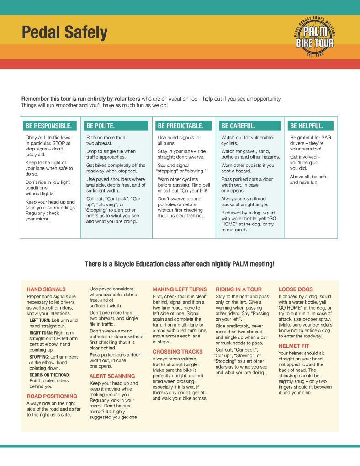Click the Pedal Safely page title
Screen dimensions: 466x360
[64, 33]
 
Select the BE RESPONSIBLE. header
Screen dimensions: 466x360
[49, 126]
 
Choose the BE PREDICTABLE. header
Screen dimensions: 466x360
[180, 126]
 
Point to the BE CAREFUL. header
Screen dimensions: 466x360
[238, 126]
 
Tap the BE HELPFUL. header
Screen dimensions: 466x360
[307, 126]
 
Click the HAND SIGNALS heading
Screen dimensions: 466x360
[46, 289]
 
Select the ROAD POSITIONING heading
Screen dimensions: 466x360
[52, 396]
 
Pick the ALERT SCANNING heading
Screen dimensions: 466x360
[112, 376]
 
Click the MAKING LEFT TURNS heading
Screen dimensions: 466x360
[180, 289]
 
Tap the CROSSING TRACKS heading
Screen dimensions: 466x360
[177, 352]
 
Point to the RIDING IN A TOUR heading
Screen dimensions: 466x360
[238, 289]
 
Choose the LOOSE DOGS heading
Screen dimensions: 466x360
[296, 289]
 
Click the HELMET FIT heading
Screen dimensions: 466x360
[294, 346]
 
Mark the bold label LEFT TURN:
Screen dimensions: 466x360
[40, 321]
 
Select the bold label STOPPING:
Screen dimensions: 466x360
[39, 357]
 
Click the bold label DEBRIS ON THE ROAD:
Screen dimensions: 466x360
[50, 375]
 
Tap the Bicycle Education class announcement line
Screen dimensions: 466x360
[180, 264]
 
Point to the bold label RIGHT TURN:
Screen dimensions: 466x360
[41, 333]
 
